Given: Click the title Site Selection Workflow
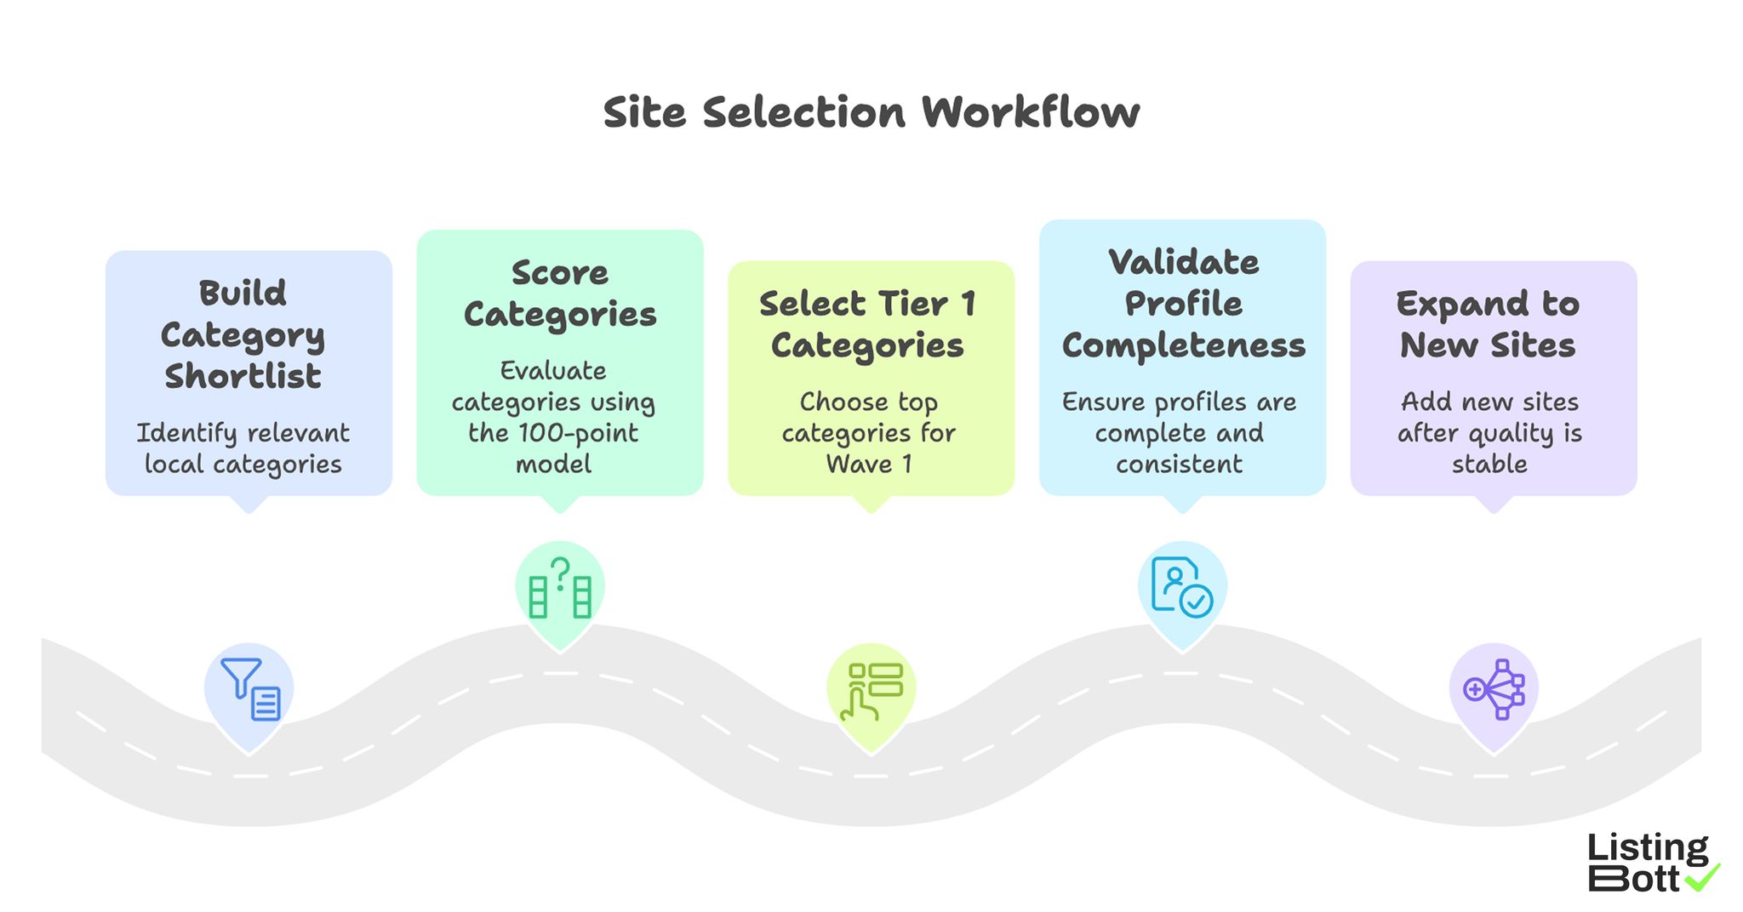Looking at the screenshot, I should click(871, 112).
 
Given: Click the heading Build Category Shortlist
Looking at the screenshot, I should click(243, 334).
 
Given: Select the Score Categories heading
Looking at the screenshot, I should click(560, 294).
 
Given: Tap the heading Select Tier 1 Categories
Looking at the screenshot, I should click(867, 324).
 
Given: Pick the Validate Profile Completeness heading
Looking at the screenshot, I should click(1183, 304).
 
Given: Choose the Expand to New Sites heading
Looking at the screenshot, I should click(1488, 324).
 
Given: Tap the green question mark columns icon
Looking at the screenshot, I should click(560, 588).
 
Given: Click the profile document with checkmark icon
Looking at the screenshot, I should click(1181, 587).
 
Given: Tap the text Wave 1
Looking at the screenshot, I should click(869, 465).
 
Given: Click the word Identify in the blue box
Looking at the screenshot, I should click(186, 433).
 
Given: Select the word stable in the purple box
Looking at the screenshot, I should click(1489, 465).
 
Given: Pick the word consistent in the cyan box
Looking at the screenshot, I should click(1179, 465).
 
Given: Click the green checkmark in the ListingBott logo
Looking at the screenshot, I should click(1702, 878).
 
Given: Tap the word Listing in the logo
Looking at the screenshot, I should click(1647, 848).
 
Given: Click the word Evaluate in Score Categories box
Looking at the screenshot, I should click(553, 371).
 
